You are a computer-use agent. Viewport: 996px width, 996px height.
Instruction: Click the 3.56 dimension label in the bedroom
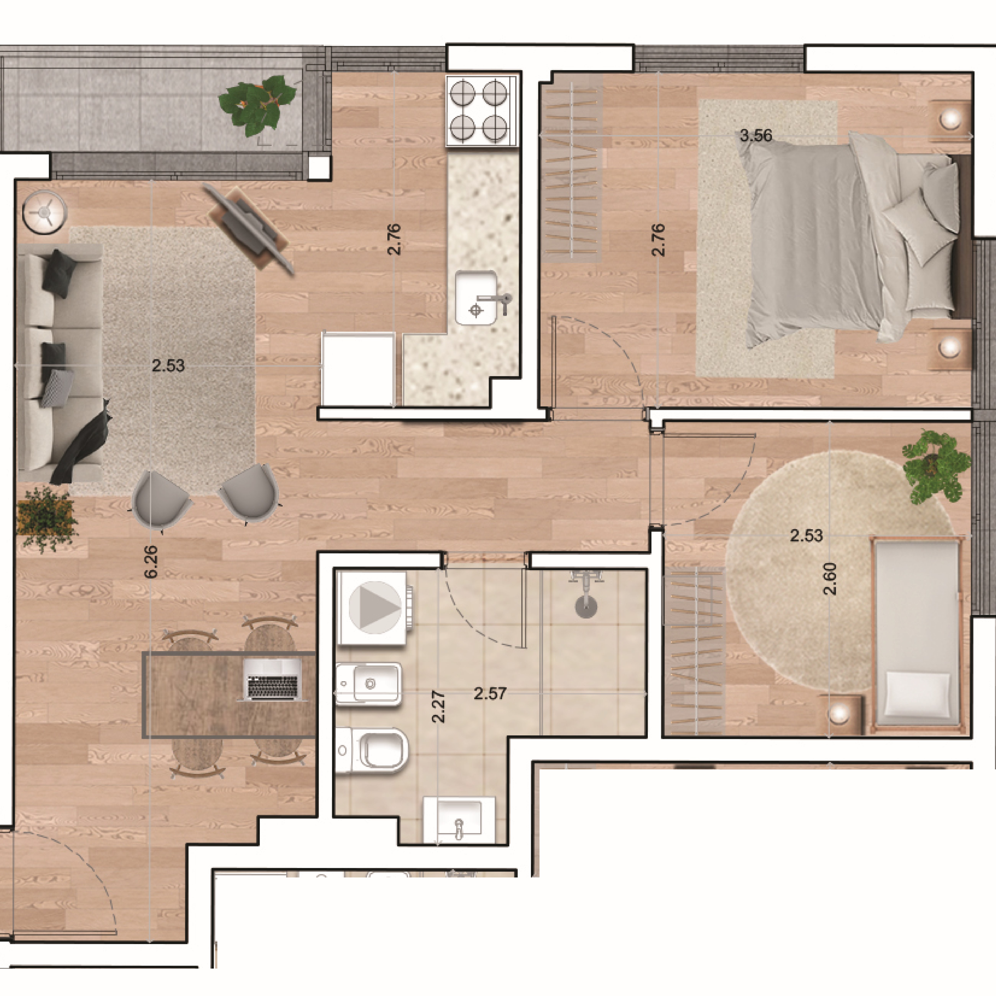[756, 136]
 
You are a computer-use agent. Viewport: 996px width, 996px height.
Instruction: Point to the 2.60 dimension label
[830, 578]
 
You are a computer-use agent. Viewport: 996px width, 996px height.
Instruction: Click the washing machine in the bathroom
[374, 607]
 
